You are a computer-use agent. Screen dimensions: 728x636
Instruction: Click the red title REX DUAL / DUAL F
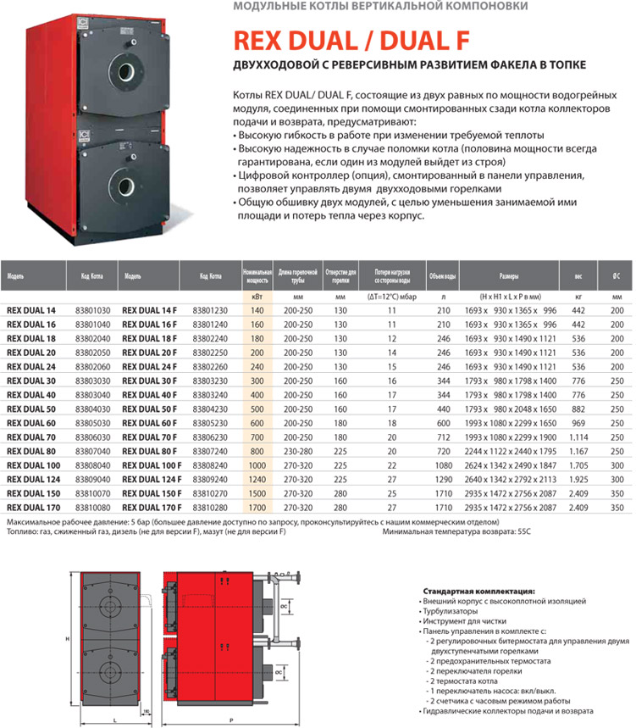point(352,41)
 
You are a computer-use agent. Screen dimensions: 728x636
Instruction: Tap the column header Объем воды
point(443,275)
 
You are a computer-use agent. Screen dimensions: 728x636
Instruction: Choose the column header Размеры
point(509,275)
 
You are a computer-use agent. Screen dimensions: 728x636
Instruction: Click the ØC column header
point(617,275)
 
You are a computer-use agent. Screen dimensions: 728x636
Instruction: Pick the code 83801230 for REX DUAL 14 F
point(205,311)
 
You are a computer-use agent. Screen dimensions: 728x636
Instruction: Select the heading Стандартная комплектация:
point(478,590)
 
